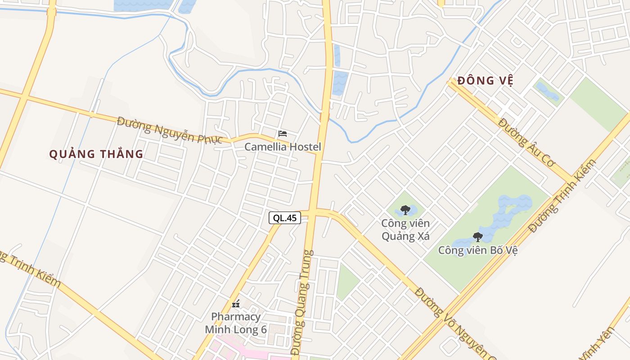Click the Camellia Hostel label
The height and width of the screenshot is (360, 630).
click(x=283, y=147)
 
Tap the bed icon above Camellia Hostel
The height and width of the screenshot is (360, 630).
click(x=283, y=134)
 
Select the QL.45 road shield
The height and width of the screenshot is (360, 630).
click(x=285, y=218)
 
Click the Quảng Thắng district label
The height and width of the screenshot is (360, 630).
click(x=96, y=154)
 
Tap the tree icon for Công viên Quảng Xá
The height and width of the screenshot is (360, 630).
click(x=405, y=210)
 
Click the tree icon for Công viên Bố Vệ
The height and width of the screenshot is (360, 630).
click(x=477, y=237)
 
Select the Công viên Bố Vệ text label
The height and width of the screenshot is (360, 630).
click(x=478, y=250)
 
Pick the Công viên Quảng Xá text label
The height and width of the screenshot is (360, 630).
click(x=405, y=229)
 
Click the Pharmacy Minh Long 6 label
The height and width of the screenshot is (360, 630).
click(x=236, y=323)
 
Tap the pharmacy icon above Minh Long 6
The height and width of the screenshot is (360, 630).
click(x=236, y=304)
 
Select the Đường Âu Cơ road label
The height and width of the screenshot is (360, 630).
click(x=527, y=142)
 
